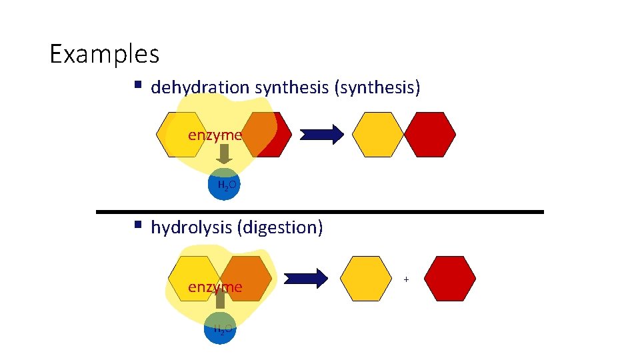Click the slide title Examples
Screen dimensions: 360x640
[105, 53]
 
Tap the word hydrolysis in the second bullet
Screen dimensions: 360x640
[191, 227]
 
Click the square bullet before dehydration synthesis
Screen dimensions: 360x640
[137, 85]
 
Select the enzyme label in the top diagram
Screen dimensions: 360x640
[214, 135]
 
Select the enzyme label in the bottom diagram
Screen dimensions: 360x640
[214, 287]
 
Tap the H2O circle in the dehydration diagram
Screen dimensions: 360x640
[223, 185]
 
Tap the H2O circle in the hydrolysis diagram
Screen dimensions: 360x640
[220, 328]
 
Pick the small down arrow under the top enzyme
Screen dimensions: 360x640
[225, 154]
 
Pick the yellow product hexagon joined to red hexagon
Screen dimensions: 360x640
[377, 135]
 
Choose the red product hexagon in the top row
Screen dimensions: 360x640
[430, 135]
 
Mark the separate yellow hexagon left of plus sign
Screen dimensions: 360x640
[366, 279]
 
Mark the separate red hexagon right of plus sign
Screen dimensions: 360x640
[450, 279]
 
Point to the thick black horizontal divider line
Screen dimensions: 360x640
[320, 211]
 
